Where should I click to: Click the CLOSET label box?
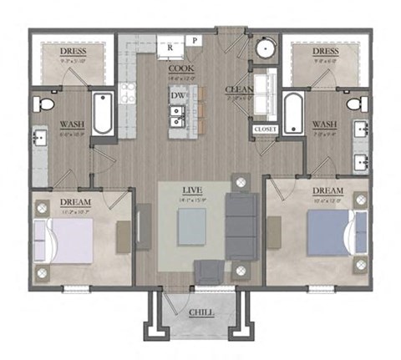(265, 129)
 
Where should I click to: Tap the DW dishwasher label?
(177, 96)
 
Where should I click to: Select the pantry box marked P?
(194, 40)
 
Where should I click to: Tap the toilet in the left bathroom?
(46, 104)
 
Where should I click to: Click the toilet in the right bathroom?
(356, 104)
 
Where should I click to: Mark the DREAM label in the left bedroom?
(75, 202)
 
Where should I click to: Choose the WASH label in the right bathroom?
(323, 124)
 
